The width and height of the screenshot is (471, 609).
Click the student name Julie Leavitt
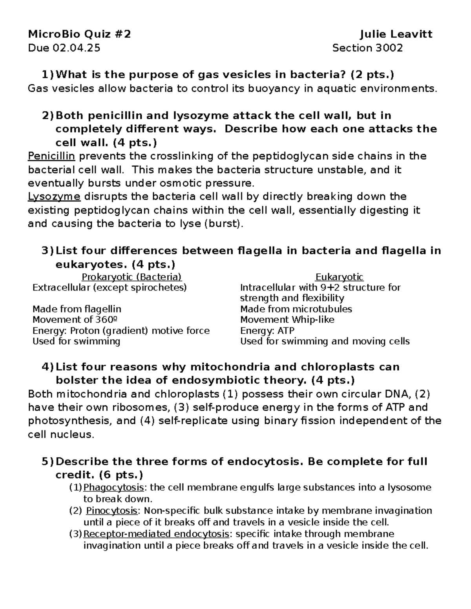pyautogui.click(x=396, y=35)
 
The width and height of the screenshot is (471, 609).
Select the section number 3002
pyautogui.click(x=389, y=48)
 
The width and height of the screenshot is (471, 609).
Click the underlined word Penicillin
pyautogui.click(x=51, y=156)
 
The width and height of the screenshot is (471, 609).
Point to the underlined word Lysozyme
pyautogui.click(x=54, y=196)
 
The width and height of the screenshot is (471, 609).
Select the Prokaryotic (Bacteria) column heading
pyautogui.click(x=131, y=277)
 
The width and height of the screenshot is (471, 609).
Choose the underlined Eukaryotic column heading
pyautogui.click(x=340, y=277)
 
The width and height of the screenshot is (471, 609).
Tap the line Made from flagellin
pyautogui.click(x=77, y=309)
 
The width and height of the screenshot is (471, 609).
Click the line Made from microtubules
pyautogui.click(x=296, y=309)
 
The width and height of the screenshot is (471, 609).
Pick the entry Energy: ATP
pyautogui.click(x=267, y=331)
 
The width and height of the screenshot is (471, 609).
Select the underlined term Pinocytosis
pyautogui.click(x=112, y=511)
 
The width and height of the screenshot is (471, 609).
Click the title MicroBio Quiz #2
pyautogui.click(x=79, y=35)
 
